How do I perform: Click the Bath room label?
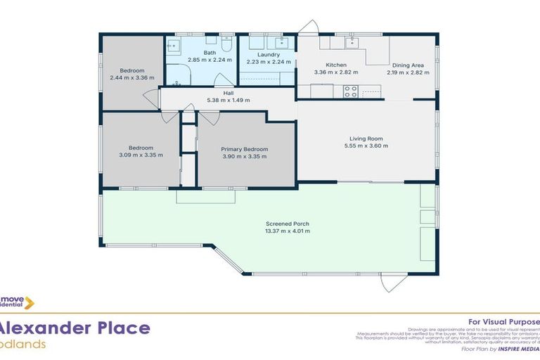point(210,53)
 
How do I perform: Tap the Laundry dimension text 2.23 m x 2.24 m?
point(268,61)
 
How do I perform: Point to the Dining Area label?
point(407,65)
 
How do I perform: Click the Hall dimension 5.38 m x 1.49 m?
point(228,101)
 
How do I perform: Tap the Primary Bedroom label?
point(244,149)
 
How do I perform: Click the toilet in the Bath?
point(226,44)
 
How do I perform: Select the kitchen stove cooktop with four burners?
point(350,91)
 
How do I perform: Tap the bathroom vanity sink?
point(173,46)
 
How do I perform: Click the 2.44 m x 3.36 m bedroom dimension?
point(131,77)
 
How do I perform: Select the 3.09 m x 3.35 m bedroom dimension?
point(141,155)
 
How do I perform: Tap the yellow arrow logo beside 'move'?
point(30,303)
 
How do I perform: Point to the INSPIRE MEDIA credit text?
point(520,349)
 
